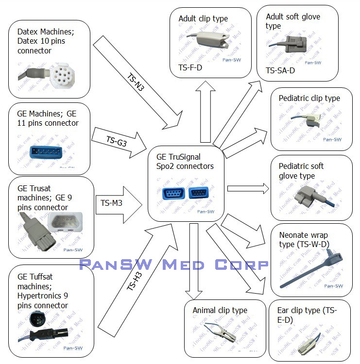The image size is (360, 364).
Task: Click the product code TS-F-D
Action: (x=190, y=68)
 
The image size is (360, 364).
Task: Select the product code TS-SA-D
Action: (x=280, y=71)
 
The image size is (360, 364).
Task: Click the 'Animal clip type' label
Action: (x=220, y=310)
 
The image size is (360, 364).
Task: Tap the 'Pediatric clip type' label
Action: (x=309, y=99)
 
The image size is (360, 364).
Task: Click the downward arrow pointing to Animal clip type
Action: (x=194, y=262)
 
